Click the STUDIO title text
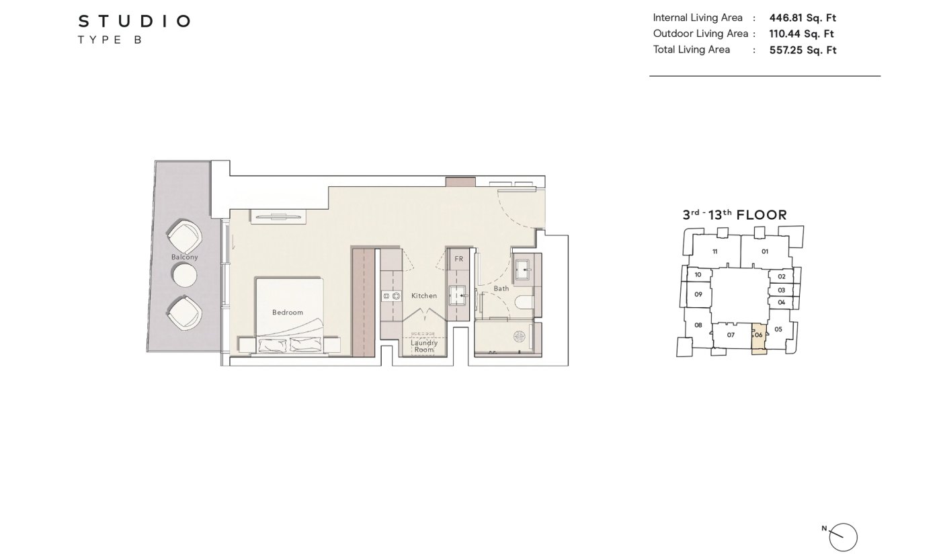point(134,21)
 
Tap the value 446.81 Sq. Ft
point(803,17)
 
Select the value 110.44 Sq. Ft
point(801,34)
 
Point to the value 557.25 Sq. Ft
point(803,50)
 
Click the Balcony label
point(184,257)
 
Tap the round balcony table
point(184,275)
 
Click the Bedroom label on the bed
point(288,313)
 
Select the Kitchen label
point(424,296)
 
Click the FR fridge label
point(458,259)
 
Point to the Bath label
point(501,288)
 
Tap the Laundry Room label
point(424,346)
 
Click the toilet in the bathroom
point(525,303)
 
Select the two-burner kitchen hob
point(391,296)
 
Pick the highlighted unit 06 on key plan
point(759,339)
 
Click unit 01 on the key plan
point(765,251)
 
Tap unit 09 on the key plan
point(698,294)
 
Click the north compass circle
point(843,537)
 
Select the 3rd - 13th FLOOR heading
point(735,215)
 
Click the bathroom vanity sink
point(524,269)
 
